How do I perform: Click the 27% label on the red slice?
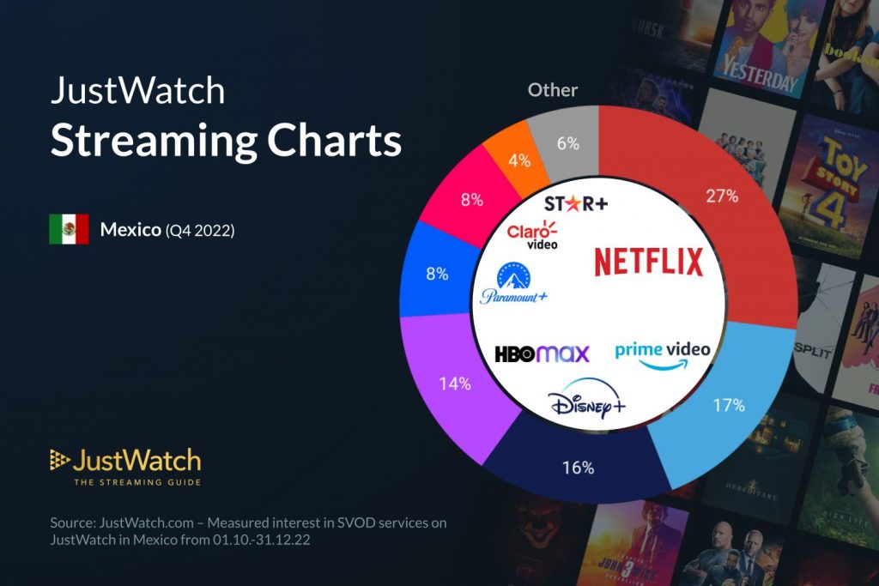tap(722, 196)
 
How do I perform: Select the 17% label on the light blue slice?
tap(727, 405)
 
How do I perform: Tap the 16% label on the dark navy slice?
tap(578, 468)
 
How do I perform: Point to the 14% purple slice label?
tap(454, 384)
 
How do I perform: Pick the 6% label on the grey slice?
tap(567, 143)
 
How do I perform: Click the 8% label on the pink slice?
tap(471, 200)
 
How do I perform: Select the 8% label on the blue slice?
tap(437, 274)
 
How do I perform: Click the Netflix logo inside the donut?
tap(649, 262)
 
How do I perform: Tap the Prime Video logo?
tap(662, 354)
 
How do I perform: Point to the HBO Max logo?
tap(542, 353)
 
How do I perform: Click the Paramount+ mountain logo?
tap(513, 284)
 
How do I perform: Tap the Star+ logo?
tap(576, 204)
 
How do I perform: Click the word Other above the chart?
tap(552, 90)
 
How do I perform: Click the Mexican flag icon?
tap(69, 230)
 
